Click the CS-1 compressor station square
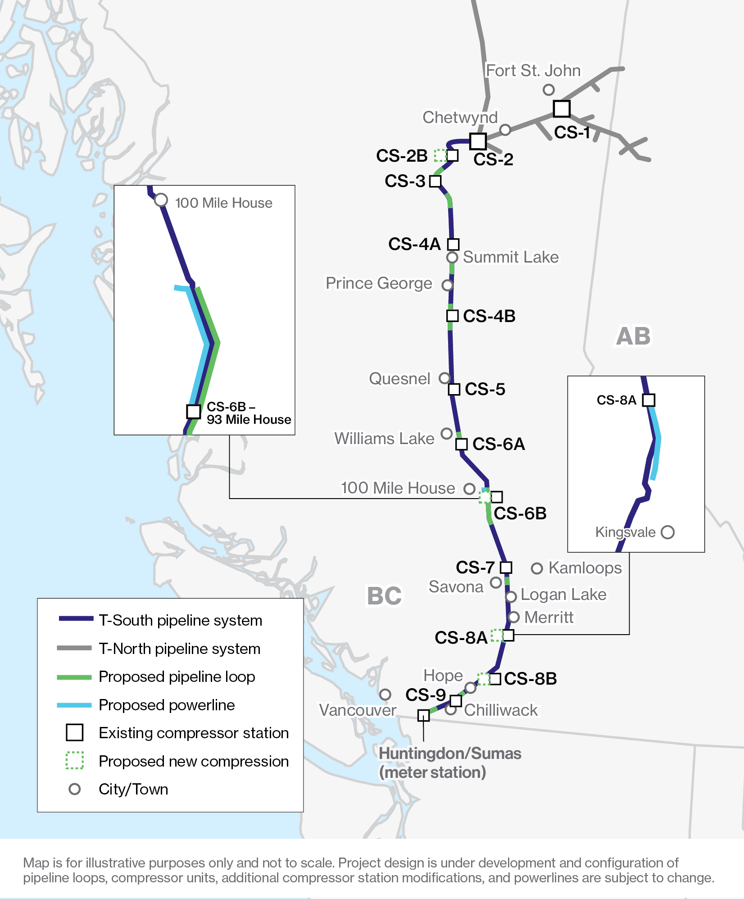(x=562, y=109)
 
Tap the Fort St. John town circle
(x=548, y=90)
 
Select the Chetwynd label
(x=460, y=117)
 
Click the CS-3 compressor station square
(x=435, y=181)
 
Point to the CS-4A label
(x=414, y=244)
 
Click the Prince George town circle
(x=447, y=285)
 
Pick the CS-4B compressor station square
(x=453, y=316)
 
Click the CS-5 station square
(x=454, y=389)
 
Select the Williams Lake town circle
(x=446, y=434)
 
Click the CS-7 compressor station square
(x=506, y=567)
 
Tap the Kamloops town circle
(x=537, y=568)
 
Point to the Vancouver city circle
(x=385, y=695)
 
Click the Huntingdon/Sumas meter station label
(x=449, y=763)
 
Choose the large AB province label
(x=633, y=336)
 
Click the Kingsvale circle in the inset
(x=667, y=532)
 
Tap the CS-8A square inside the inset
(x=649, y=400)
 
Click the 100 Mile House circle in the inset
(x=161, y=200)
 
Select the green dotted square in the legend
(x=75, y=760)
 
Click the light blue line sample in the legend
(x=74, y=705)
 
